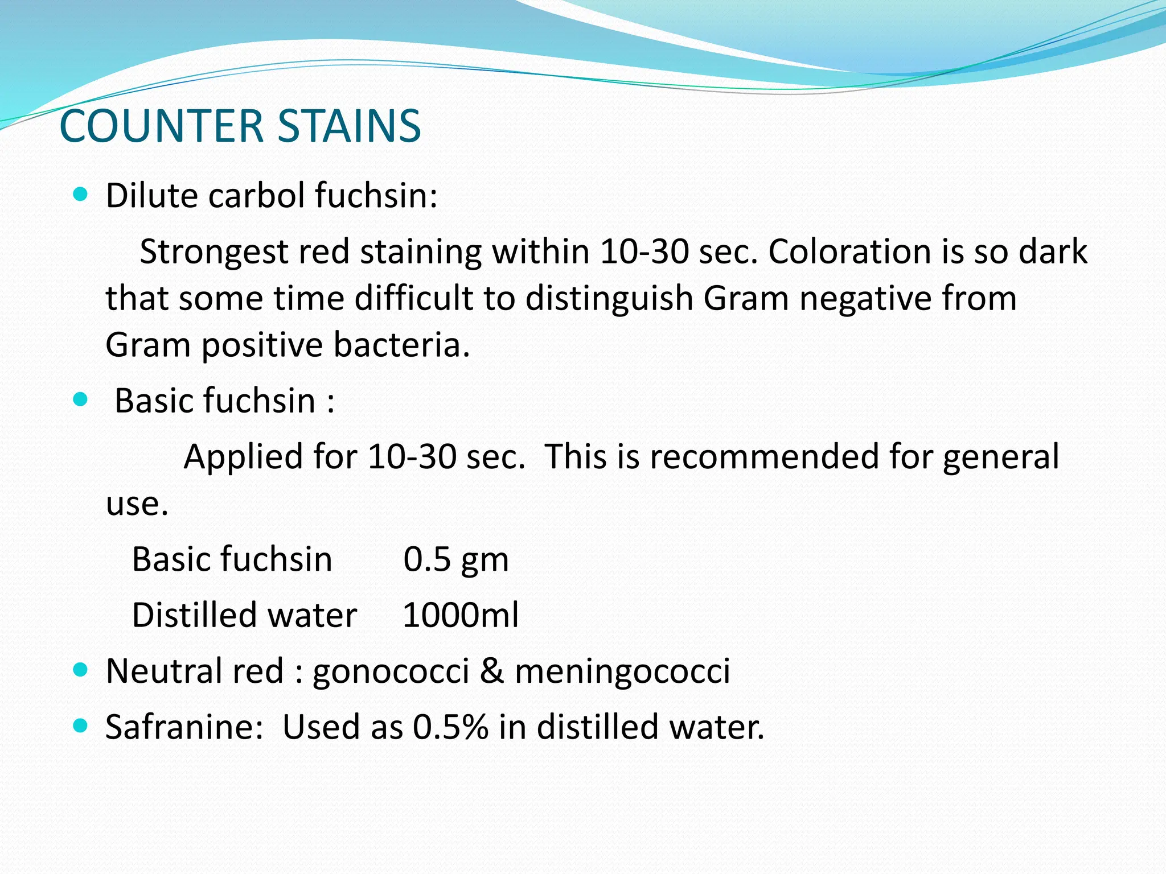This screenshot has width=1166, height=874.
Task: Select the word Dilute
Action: pyautogui.click(x=152, y=196)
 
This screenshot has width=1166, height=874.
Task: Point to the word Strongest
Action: pyautogui.click(x=214, y=252)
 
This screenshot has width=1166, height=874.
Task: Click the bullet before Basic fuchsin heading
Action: pyautogui.click(x=81, y=400)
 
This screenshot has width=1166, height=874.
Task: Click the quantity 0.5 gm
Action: pyautogui.click(x=455, y=559)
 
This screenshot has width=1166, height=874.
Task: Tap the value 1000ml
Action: pyautogui.click(x=460, y=615)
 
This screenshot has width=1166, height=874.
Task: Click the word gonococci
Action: pyautogui.click(x=391, y=671)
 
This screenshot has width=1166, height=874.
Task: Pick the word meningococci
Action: pyautogui.click(x=622, y=671)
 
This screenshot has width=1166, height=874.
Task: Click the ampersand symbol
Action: pyautogui.click(x=492, y=671)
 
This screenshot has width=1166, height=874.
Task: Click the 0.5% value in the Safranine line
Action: pyautogui.click(x=450, y=727)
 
